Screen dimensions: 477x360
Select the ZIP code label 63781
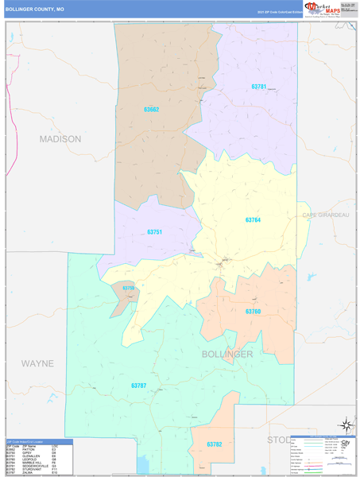coord(258,86)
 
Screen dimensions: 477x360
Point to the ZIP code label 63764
coord(253,219)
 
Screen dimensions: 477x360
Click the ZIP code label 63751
coord(155,232)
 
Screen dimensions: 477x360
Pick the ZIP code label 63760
coord(253,311)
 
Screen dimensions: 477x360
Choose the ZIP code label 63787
coord(140,386)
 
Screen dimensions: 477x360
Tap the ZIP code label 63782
coord(215,444)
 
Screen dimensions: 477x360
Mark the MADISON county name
coord(60,138)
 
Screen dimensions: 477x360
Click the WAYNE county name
coord(37,363)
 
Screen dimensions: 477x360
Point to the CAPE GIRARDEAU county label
coord(326,215)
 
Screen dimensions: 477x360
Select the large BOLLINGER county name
coord(227,354)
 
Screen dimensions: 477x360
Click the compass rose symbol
coord(346,424)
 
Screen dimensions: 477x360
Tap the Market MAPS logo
coord(319,9)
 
